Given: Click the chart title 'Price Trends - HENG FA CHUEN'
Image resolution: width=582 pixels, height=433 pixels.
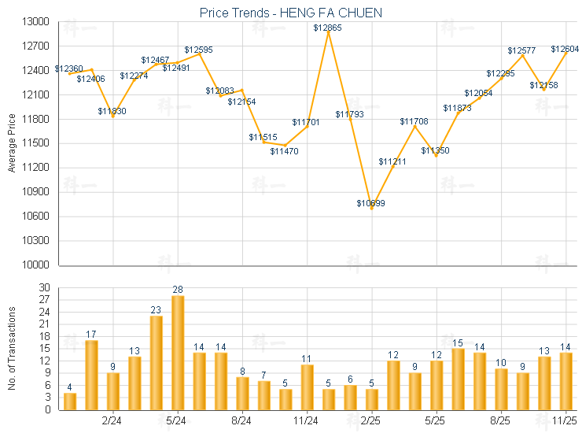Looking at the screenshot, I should (291, 13).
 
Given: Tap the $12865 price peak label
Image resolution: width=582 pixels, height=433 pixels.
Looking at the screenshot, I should (327, 28).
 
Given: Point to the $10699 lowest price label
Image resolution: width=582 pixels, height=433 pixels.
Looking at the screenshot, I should (370, 204).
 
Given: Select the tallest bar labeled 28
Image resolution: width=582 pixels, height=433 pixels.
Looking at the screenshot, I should (178, 353).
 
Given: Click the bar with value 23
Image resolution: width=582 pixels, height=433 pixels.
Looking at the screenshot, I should (156, 362).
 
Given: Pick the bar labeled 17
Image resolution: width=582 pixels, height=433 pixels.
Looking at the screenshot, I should (91, 375).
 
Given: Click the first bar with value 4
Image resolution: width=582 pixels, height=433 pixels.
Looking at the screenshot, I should (70, 401).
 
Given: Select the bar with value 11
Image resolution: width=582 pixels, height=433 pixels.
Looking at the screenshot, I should (308, 387).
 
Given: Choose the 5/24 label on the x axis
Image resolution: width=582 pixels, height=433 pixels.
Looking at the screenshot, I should (177, 421).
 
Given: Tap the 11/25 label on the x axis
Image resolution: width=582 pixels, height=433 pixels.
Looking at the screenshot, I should (565, 421).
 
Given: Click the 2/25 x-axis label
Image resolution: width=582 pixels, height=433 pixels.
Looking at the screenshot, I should (372, 421).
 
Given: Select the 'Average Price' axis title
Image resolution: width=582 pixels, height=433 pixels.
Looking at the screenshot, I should (11, 143).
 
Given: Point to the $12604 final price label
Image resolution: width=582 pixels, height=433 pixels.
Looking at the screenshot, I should (565, 50).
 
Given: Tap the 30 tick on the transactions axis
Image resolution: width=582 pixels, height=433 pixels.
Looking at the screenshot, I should (43, 287).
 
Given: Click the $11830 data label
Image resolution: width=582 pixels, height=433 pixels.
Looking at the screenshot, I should (112, 112).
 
